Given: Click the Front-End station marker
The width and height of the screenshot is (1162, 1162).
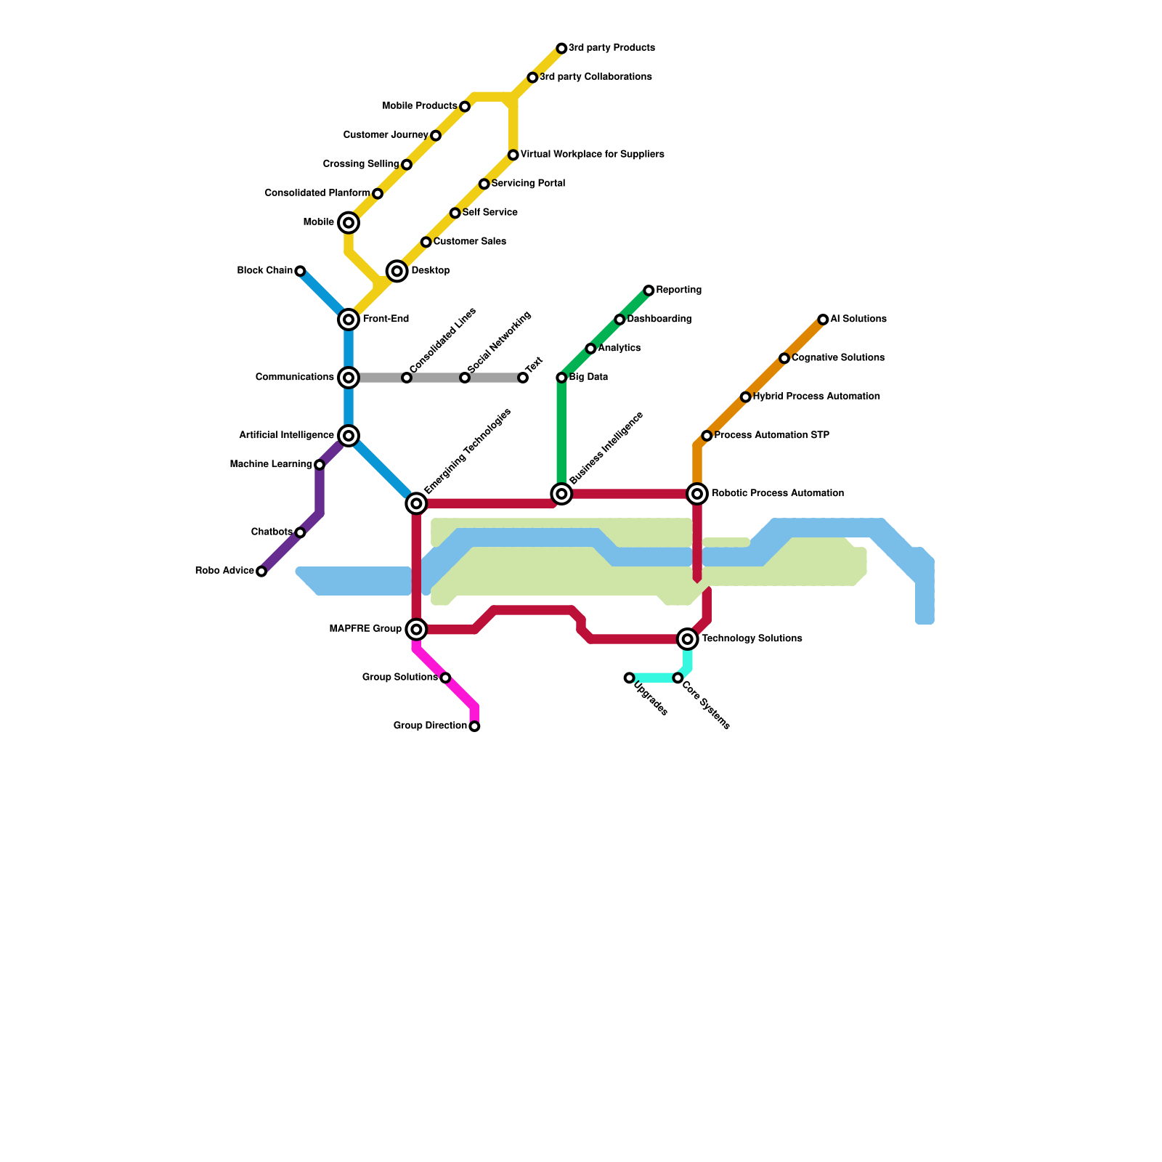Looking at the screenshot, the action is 349,320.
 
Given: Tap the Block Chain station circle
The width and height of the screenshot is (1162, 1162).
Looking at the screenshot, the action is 300,271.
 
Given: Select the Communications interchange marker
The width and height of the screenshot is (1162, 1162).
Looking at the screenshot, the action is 349,378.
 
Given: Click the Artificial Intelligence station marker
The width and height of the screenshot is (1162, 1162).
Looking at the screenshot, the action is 349,436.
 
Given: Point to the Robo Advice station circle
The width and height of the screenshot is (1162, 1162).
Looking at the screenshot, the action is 261,572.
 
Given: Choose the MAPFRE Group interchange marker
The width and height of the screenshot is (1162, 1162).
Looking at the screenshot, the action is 416,629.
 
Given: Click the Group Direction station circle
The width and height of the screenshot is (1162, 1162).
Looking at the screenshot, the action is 474,726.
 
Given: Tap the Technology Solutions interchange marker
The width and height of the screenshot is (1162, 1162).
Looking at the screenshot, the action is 688,639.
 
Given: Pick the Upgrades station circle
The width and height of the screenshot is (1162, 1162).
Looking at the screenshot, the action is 629,678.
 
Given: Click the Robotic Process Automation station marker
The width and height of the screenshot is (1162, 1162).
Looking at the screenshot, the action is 697,494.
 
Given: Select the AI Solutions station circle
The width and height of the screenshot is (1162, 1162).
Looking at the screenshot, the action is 823,320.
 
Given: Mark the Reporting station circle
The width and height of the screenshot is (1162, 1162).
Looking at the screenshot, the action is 649,290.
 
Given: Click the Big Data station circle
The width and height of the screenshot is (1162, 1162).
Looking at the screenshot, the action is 561,378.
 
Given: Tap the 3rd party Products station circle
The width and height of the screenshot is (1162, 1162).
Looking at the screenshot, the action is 561,49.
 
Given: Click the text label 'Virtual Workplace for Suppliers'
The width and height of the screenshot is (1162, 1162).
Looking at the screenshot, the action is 592,155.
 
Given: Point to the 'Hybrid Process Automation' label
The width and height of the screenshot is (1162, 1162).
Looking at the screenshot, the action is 816,397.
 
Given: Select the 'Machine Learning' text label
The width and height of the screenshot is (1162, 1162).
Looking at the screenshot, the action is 270,465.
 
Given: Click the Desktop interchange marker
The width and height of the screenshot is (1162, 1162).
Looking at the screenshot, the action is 397,271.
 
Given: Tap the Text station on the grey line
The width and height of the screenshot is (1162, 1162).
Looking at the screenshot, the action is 523,378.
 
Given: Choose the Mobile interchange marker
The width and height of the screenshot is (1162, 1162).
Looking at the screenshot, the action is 349,223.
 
